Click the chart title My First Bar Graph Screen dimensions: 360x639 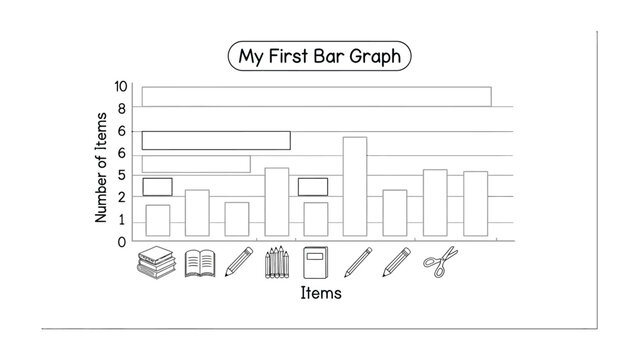point(319,56)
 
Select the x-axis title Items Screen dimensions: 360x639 point(321,293)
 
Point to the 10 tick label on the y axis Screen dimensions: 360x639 point(121,87)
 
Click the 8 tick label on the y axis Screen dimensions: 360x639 point(122,108)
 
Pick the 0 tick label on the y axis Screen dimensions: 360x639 point(122,241)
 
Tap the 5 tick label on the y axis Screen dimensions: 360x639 point(122,175)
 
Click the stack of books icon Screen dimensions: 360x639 point(157,262)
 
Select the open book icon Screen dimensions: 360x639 point(200,263)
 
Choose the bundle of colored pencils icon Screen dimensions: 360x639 point(277,262)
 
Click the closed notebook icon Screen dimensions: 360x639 point(316,262)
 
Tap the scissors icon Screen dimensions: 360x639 point(440,262)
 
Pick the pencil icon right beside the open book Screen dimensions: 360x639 point(238,262)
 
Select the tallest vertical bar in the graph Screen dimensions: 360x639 point(355,187)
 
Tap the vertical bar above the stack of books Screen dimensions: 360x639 point(158,220)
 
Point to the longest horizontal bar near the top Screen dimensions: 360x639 point(316,96)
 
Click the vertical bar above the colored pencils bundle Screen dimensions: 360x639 point(277,202)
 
